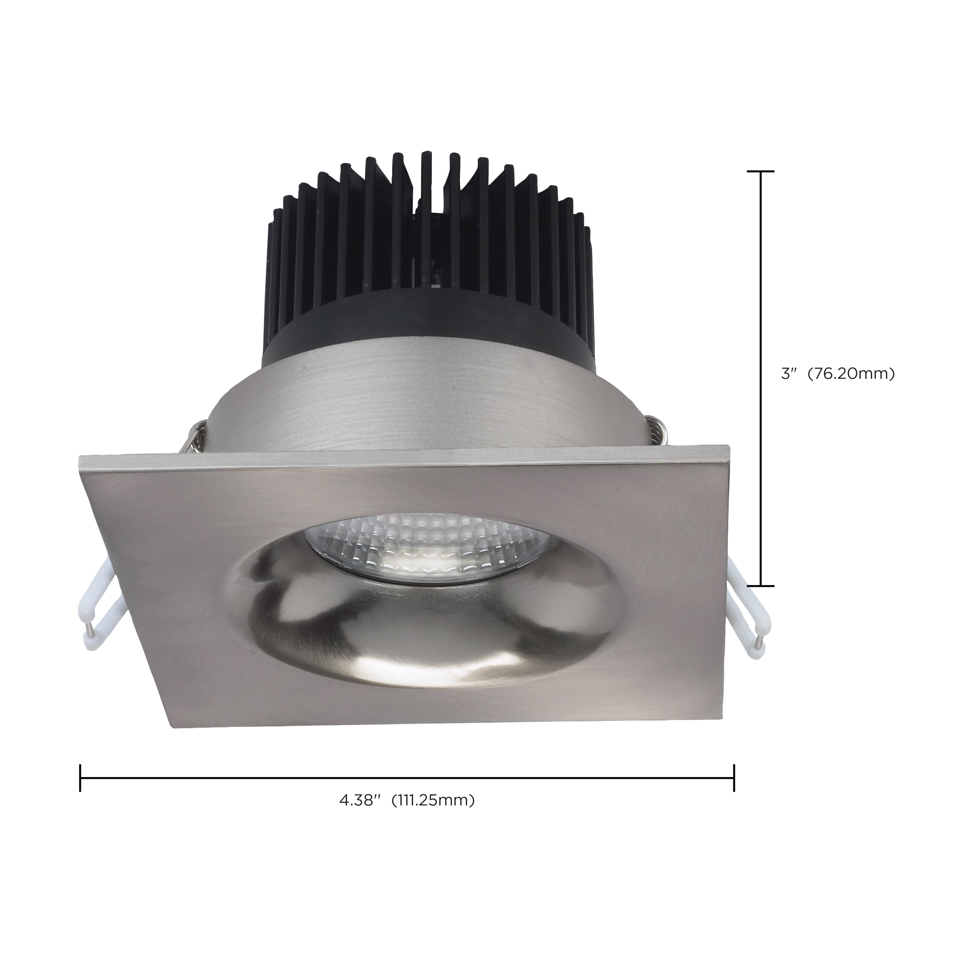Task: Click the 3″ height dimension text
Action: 787,374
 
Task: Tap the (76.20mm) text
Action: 851,374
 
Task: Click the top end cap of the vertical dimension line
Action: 760,171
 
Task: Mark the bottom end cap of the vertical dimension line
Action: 760,586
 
